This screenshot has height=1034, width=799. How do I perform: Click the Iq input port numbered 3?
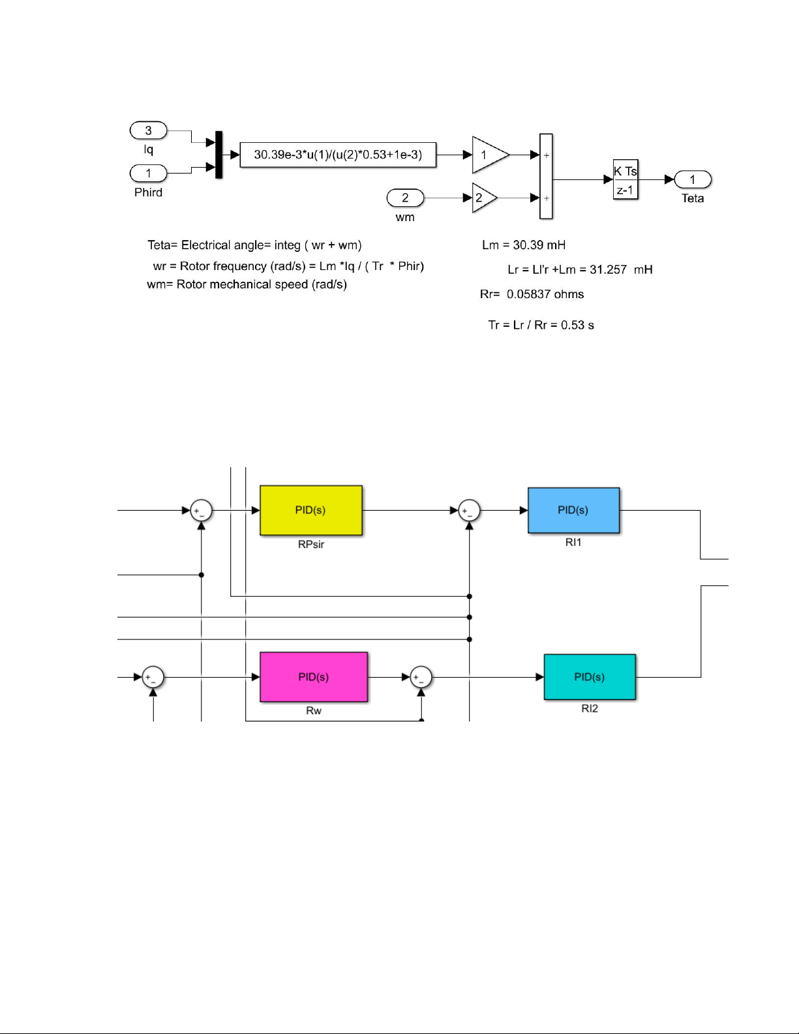(x=149, y=130)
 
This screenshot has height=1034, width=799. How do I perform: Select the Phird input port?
(x=149, y=174)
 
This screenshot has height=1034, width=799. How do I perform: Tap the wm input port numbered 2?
(x=405, y=198)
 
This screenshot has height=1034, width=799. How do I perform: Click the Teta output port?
(x=692, y=179)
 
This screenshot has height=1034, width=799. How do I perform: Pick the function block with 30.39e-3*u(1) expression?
(x=338, y=155)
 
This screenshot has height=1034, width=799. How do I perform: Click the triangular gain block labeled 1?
(x=488, y=155)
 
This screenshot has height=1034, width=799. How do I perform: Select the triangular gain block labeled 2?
(x=483, y=198)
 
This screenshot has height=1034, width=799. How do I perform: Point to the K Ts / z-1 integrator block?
(x=625, y=179)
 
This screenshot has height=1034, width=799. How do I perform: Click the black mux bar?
(x=219, y=155)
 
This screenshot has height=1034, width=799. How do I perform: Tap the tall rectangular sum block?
(x=546, y=176)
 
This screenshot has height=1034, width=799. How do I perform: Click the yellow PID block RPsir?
(x=310, y=510)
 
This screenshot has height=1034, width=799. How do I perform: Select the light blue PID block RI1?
(x=573, y=510)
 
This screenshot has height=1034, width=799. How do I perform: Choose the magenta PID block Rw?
(x=313, y=677)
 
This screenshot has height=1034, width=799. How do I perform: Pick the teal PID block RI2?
(x=590, y=677)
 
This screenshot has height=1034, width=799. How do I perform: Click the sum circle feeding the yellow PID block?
(x=201, y=511)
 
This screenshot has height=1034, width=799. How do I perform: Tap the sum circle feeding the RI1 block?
(x=469, y=511)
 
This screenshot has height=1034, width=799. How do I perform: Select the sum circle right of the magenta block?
(x=421, y=677)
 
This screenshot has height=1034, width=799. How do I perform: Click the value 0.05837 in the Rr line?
(x=528, y=294)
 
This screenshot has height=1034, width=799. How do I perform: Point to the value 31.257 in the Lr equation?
(x=608, y=269)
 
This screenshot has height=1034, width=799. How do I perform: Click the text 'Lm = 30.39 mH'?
(x=524, y=245)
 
